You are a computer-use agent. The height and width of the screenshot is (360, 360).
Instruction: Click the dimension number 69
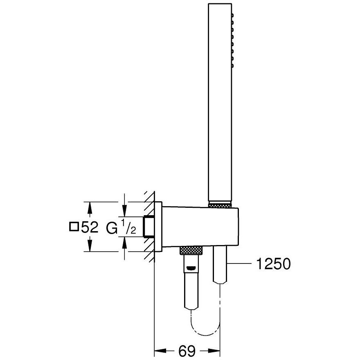[187, 351]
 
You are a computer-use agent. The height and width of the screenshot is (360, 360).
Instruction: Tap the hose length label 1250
[273, 264]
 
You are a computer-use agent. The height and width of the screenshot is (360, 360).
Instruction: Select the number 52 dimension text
[90, 227]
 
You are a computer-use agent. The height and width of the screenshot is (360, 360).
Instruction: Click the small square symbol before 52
[74, 227]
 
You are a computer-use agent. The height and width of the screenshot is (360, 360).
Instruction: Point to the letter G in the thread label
[112, 228]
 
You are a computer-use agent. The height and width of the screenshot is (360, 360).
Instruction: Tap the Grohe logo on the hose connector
[191, 268]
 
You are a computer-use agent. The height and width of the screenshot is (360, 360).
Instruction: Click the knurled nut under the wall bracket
[191, 250]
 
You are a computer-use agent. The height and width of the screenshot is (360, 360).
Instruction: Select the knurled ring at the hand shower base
[220, 205]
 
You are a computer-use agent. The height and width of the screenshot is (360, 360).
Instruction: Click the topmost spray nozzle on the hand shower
[232, 16]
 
